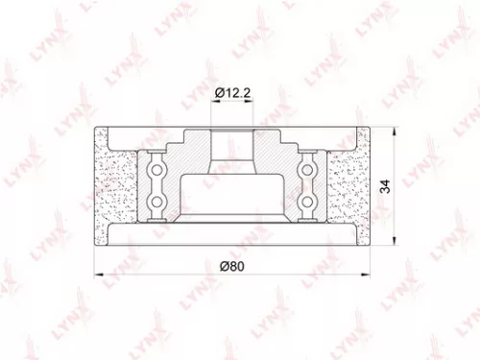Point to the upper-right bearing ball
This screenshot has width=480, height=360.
click(x=308, y=167)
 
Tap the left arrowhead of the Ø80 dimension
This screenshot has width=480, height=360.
click(x=96, y=274)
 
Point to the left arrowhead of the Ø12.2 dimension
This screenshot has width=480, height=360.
click(x=212, y=103)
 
